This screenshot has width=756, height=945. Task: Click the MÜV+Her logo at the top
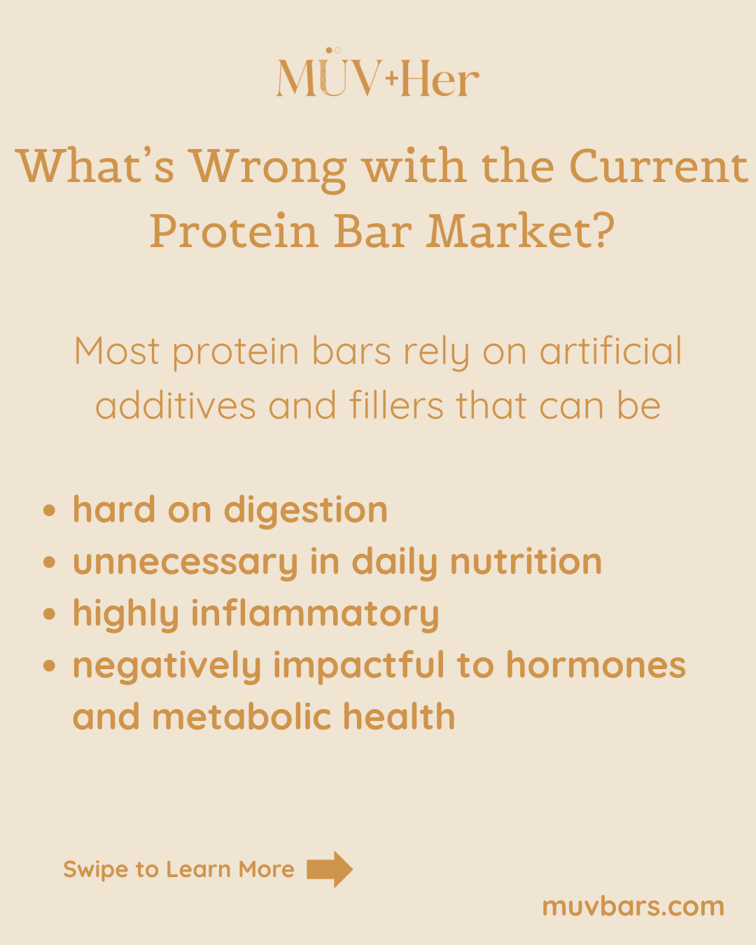[378, 73]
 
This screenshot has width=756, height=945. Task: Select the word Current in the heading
[659, 166]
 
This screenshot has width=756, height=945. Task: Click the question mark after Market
[604, 230]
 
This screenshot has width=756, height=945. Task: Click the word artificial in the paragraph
[610, 351]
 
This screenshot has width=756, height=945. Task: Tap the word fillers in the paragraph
[396, 405]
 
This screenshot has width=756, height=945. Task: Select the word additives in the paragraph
[175, 405]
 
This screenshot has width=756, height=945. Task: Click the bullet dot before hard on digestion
[50, 510]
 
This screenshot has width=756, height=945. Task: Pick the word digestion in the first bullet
[306, 511]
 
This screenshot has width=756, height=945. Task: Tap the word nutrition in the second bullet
[526, 561]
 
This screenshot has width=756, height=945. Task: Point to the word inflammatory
[315, 615]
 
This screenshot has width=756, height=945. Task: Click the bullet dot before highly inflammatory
[50, 614]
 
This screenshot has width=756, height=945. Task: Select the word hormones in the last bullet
[596, 665]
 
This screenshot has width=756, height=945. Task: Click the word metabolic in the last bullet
[241, 717]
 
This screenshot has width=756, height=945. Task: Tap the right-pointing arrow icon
[330, 869]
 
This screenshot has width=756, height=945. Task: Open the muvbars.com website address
[633, 906]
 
